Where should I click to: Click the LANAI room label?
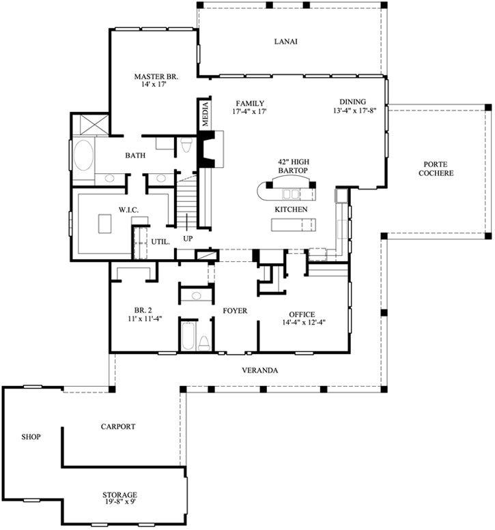tap(286, 41)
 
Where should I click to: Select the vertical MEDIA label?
tap(204, 114)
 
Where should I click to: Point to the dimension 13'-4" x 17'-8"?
tap(359, 110)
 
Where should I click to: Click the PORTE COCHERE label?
tap(438, 168)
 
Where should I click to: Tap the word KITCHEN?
tap(291, 209)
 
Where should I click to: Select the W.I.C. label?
tap(128, 210)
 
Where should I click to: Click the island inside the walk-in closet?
tap(104, 223)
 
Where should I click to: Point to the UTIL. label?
tap(160, 241)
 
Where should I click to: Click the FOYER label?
tap(234, 311)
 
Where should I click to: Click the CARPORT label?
tap(118, 426)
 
